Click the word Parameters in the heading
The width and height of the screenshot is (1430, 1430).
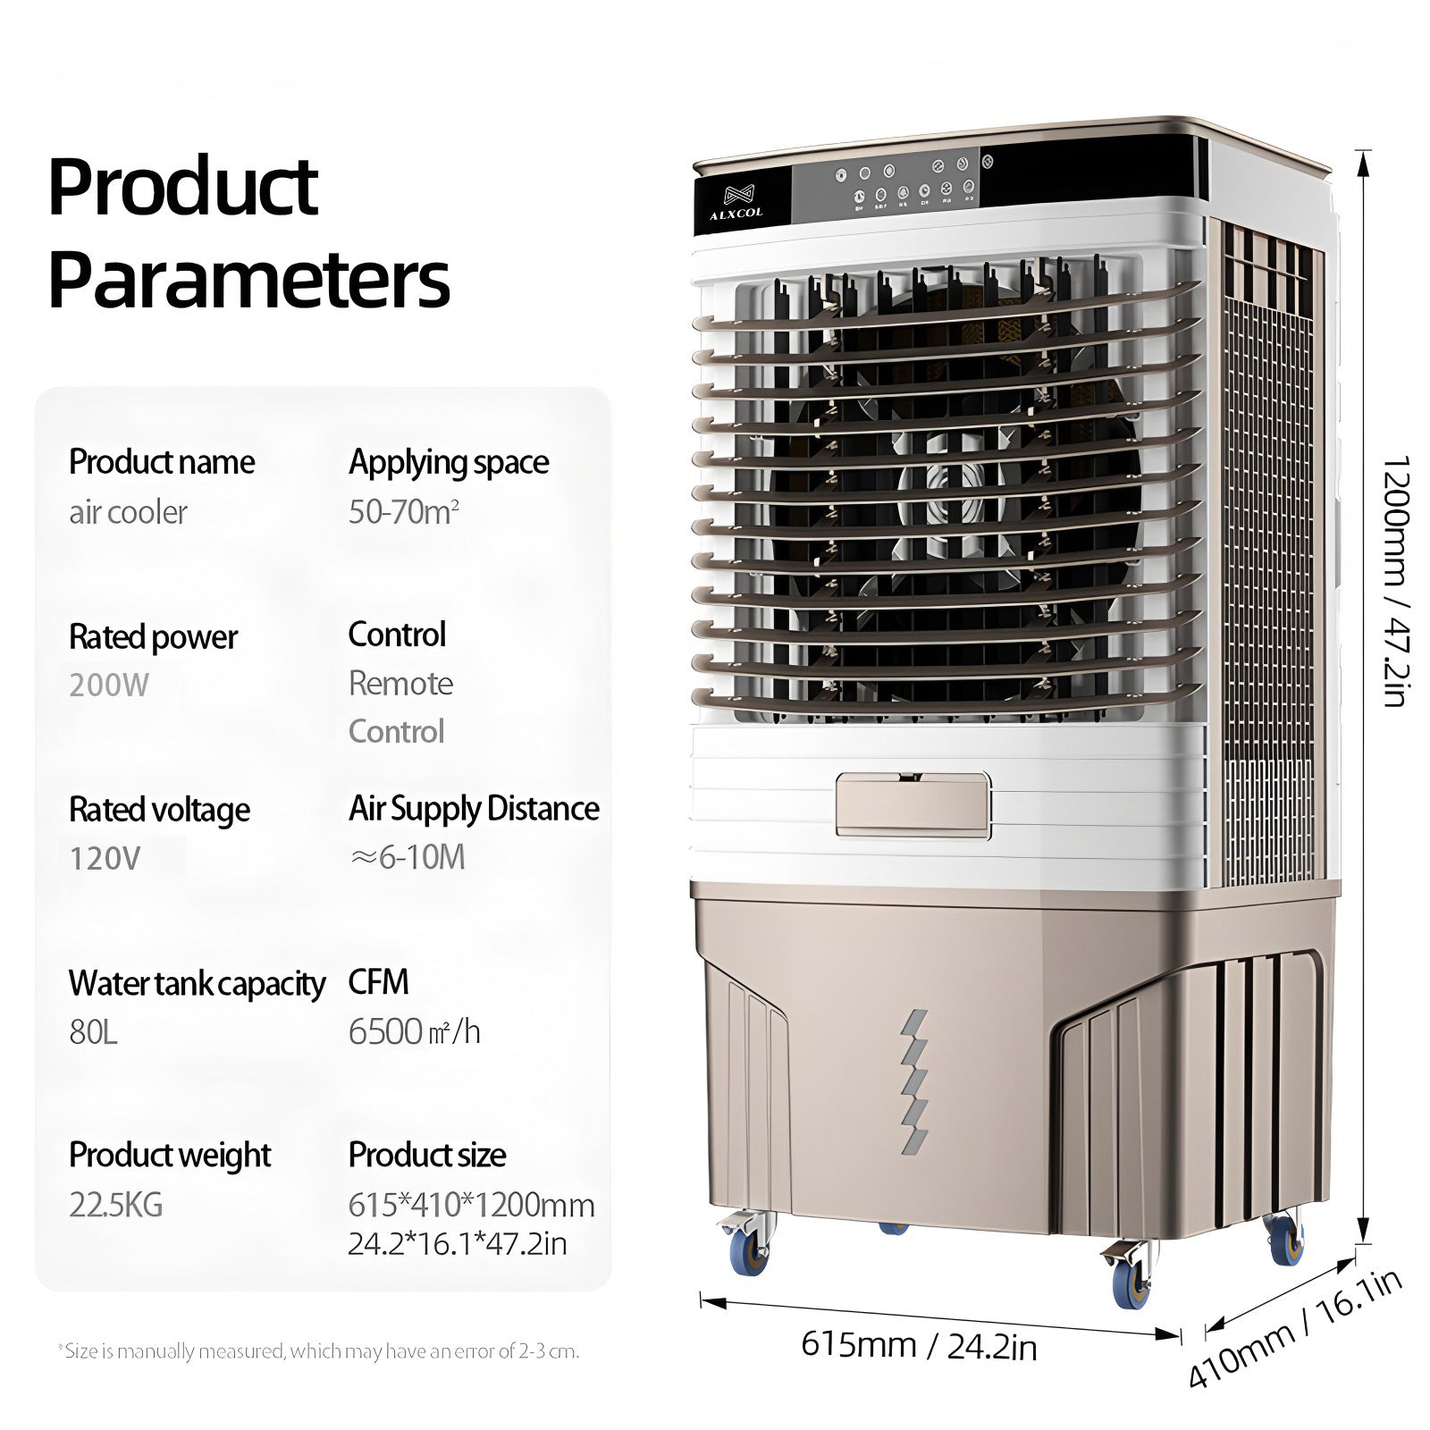pyautogui.click(x=249, y=280)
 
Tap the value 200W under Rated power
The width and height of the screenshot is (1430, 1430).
pyautogui.click(x=109, y=686)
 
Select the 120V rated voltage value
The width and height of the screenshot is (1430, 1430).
pyautogui.click(x=105, y=859)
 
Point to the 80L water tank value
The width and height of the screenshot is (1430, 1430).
pyautogui.click(x=93, y=1032)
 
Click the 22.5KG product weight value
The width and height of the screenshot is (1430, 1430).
pyautogui.click(x=116, y=1205)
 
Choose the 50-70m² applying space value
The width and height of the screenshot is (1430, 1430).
pyautogui.click(x=404, y=511)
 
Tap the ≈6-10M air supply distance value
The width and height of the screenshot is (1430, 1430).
pyautogui.click(x=408, y=858)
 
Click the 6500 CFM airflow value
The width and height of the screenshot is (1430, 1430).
pyautogui.click(x=415, y=1031)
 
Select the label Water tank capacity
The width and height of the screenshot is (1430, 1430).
pyautogui.click(x=197, y=984)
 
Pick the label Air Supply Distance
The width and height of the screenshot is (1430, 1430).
pyautogui.click(x=474, y=809)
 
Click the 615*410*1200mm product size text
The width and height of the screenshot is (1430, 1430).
pyautogui.click(x=471, y=1205)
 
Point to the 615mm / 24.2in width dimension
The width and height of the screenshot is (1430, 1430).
pyautogui.click(x=919, y=1345)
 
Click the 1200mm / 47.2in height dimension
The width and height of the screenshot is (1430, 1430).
pyautogui.click(x=1395, y=581)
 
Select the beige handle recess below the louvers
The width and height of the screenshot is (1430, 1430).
pyautogui.click(x=913, y=806)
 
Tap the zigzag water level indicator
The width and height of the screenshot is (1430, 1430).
pyautogui.click(x=914, y=1082)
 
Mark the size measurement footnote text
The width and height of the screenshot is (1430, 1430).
pyautogui.click(x=318, y=1350)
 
